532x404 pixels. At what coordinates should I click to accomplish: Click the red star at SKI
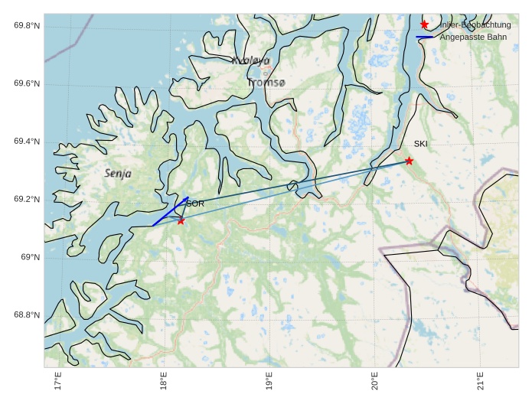(x=410, y=161)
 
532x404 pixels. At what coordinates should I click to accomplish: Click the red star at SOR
(x=181, y=220)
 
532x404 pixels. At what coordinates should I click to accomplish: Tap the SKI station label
(x=421, y=144)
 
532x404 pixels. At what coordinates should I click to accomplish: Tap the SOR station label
(x=195, y=204)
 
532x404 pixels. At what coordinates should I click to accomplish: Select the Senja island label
(x=118, y=174)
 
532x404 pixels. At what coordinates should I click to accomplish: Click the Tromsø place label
(x=266, y=83)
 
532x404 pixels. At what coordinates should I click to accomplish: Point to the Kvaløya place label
(x=251, y=60)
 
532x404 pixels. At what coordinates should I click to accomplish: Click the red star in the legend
(x=424, y=24)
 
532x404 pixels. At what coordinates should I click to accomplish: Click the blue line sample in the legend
(x=424, y=37)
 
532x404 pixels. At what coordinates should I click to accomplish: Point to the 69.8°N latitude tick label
(x=27, y=26)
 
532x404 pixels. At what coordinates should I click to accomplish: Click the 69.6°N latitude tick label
(x=27, y=84)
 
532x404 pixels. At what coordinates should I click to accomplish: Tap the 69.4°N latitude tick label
(x=27, y=142)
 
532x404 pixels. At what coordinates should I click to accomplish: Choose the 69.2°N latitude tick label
(x=27, y=200)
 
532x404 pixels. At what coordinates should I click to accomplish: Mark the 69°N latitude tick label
(x=30, y=257)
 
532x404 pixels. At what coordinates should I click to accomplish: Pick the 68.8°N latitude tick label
(x=27, y=315)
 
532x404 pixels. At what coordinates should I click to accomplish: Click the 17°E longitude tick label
(x=58, y=380)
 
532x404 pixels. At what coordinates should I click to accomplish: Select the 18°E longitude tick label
(x=164, y=380)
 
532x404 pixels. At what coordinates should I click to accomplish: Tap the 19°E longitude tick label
(x=269, y=380)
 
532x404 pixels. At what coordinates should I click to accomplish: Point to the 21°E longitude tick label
(x=480, y=380)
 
